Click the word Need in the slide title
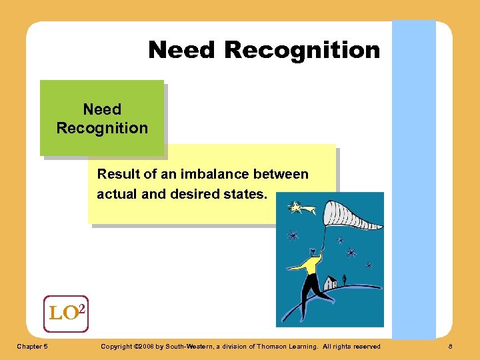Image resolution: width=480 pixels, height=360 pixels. click(182, 50)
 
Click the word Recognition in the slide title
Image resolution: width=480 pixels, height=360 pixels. click(302, 50)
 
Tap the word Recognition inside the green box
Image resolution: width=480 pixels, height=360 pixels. click(102, 128)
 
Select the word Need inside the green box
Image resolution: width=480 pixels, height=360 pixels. click(102, 109)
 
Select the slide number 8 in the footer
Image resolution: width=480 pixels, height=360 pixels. click(450, 346)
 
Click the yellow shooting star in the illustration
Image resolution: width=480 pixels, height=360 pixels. click(295, 208)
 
